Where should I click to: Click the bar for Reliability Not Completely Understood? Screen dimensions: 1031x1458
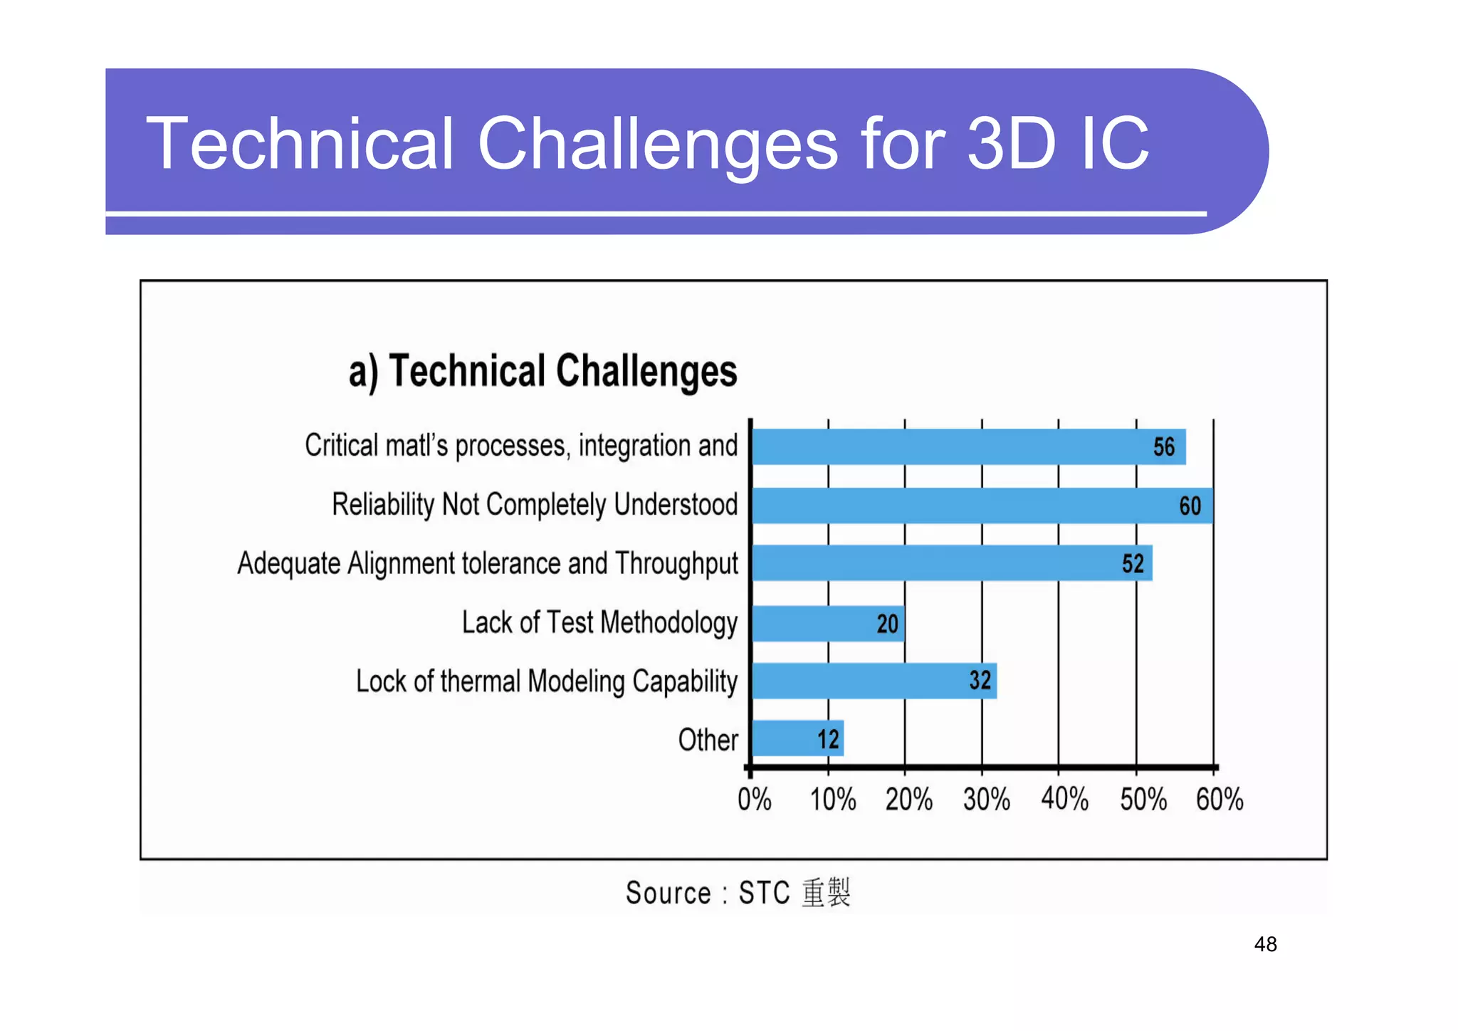coord(982,506)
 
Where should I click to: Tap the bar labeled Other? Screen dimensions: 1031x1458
coord(797,738)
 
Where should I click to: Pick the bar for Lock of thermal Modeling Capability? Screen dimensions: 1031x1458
coord(874,681)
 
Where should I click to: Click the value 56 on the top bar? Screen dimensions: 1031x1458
coord(1163,447)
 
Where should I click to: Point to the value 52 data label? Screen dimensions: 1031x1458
coord(1133,564)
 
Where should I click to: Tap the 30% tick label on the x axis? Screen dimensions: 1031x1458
coord(987,800)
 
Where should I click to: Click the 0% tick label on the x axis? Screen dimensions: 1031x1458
coord(755,800)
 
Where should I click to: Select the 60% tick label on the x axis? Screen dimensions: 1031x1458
coord(1220,800)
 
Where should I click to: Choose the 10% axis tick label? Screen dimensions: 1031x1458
coord(833,800)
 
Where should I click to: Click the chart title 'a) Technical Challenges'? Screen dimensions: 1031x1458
coord(542,372)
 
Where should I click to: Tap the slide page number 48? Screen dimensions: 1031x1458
coord(1265,944)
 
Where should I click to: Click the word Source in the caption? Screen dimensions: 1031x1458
coord(668,893)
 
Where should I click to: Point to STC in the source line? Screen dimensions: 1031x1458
coord(764,893)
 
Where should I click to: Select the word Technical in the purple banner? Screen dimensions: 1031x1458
coord(300,144)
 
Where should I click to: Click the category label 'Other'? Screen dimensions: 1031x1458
coord(708,740)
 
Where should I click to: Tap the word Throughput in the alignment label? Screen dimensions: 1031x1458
coord(676,564)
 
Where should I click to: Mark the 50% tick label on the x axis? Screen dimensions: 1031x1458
coord(1143,800)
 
